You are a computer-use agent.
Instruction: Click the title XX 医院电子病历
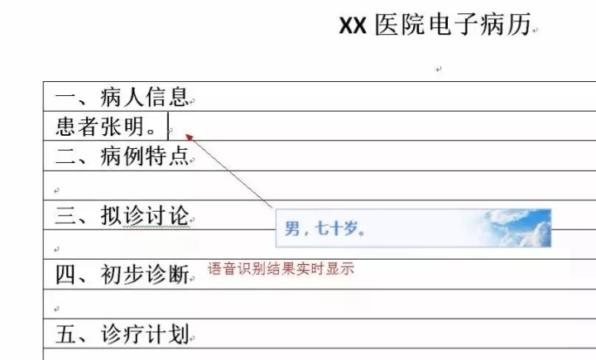435,25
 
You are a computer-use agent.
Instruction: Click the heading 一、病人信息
122,97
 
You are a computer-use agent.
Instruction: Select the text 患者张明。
106,127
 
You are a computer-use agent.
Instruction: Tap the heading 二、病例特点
122,156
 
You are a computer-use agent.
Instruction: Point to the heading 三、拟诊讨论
122,215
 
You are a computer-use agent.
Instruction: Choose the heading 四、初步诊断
122,275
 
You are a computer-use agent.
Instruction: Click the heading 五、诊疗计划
122,334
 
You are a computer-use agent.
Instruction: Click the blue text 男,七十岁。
324,228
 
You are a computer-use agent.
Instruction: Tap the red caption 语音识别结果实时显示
281,269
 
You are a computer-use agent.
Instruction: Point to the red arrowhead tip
185,134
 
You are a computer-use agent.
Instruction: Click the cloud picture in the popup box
513,228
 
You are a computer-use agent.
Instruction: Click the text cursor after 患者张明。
168,127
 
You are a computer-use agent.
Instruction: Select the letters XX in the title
353,26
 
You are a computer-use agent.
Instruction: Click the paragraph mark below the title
439,70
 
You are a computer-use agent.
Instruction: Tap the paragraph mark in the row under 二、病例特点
56,190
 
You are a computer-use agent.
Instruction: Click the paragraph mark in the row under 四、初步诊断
56,309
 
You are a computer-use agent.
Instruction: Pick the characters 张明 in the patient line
123,127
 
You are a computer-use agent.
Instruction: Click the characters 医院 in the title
400,25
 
